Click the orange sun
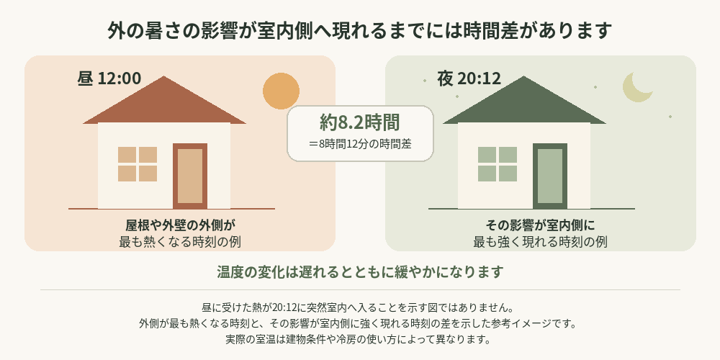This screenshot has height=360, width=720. [x=281, y=91]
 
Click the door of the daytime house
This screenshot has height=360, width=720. [x=190, y=176]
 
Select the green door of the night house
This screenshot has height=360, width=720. [x=550, y=176]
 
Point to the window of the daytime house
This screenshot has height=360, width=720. [x=138, y=164]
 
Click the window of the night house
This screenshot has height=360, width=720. [x=498, y=164]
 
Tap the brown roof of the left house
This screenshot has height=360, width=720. [x=164, y=100]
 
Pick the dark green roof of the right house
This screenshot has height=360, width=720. [x=524, y=100]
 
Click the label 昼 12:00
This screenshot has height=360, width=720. [x=109, y=78]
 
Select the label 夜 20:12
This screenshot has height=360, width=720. [x=469, y=78]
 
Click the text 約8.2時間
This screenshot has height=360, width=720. [x=360, y=122]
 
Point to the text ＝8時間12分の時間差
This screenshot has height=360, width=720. [x=360, y=144]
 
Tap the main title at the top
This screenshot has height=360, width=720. [x=360, y=31]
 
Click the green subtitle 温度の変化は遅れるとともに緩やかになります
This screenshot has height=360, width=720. [x=360, y=272]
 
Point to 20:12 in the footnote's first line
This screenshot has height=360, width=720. [x=284, y=306]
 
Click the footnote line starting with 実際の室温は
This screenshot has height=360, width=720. [x=360, y=340]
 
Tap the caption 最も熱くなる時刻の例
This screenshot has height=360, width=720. [x=180, y=241]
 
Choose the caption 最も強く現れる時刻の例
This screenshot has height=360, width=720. [x=540, y=241]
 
